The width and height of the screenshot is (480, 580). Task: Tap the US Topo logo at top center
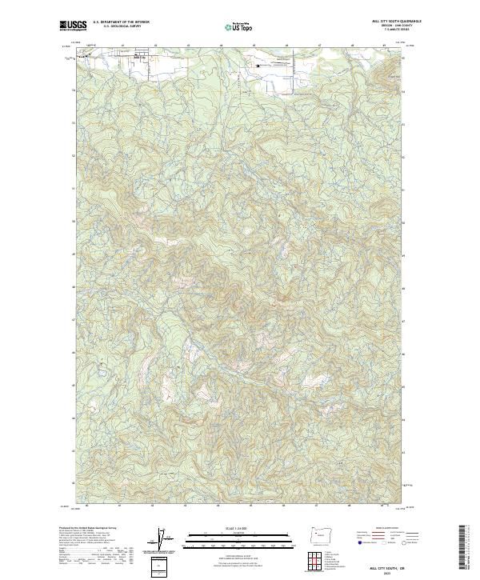[x=239, y=26]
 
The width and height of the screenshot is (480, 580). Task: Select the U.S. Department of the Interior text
[x=121, y=22]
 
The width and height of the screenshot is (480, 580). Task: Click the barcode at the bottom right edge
[x=462, y=552]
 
